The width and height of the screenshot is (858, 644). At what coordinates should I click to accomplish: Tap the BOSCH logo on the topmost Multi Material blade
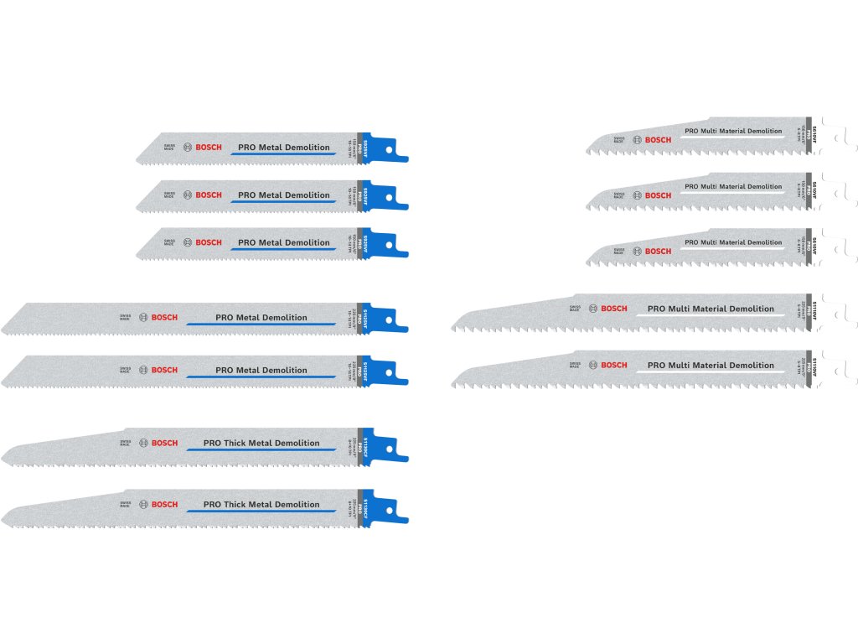coord(659,140)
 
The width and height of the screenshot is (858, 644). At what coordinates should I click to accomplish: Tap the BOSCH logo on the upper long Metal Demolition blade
coord(165,318)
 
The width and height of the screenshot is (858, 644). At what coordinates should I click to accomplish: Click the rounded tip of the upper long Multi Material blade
coord(457,323)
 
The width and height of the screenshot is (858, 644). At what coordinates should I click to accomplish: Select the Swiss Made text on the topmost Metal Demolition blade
coord(168,148)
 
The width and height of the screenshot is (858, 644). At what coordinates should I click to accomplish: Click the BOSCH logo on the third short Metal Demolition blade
coord(209,242)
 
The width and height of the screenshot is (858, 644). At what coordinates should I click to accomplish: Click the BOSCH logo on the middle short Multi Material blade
coord(659,195)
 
